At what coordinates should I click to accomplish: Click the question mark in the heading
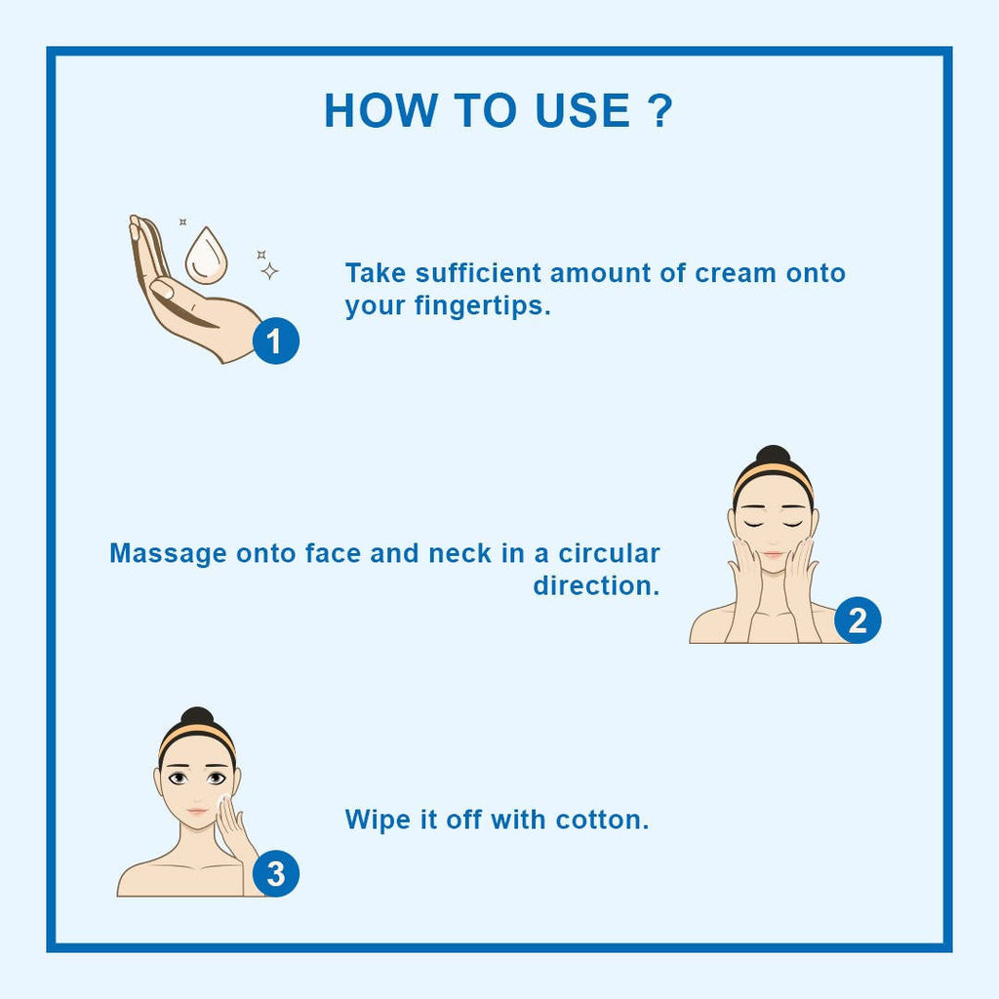659,111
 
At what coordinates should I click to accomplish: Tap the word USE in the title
583,111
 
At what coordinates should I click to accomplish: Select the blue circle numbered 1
276,340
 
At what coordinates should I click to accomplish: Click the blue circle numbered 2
858,619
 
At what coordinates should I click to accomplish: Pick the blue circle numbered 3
276,873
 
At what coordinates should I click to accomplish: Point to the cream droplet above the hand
206,257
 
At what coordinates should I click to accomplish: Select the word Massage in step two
168,554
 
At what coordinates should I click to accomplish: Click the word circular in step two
609,554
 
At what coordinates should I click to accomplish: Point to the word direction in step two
592,586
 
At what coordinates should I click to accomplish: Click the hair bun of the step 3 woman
197,717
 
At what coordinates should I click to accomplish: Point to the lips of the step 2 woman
773,554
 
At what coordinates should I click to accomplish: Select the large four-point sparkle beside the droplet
269,271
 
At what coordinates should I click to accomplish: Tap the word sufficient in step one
478,274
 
